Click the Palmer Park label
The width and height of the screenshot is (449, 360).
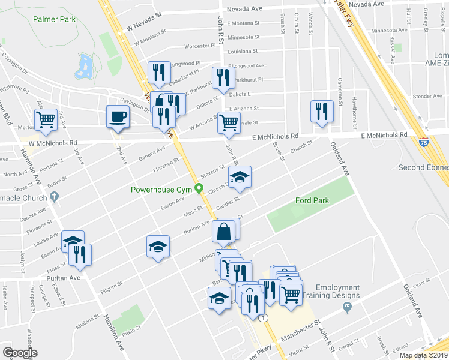(55, 19)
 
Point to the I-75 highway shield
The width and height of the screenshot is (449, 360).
(424, 142)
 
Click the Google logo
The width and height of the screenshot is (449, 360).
(20, 353)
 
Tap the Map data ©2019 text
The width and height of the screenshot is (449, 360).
(423, 355)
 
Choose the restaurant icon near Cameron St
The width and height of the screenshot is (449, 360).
(321, 111)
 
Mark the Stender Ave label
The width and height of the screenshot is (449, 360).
(427, 96)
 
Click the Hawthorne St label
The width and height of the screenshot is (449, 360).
(355, 104)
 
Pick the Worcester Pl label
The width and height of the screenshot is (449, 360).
(200, 46)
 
